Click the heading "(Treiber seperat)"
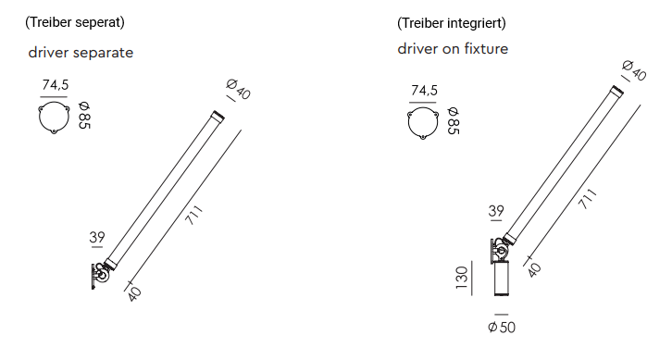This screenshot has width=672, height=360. click(x=75, y=22)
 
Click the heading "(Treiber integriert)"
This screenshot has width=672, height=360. click(x=452, y=23)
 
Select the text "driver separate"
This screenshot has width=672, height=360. click(x=81, y=53)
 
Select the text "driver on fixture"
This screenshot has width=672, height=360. click(x=453, y=49)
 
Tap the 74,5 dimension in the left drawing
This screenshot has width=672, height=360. click(x=56, y=85)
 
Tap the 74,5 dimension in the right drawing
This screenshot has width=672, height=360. click(x=424, y=91)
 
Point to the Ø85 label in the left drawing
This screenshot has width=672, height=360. click(x=84, y=116)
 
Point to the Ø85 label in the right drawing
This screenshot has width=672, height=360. click(x=453, y=121)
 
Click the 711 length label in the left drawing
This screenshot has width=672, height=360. click(x=193, y=215)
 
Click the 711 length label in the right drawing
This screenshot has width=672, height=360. click(x=588, y=198)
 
